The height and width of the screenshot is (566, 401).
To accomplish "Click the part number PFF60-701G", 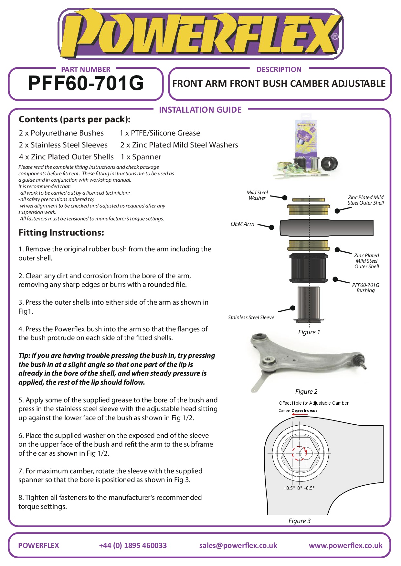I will pos(86,83).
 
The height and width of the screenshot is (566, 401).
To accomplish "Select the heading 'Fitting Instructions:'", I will pos(61,233).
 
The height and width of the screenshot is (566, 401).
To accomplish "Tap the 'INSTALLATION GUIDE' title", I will pos(200,110).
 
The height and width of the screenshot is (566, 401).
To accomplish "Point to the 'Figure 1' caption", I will pos(309,332).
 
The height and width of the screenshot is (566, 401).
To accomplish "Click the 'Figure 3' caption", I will pos(299,521).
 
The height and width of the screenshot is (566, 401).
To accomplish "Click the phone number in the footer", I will pos(133,545).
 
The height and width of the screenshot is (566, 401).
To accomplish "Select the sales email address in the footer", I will pos(238,545).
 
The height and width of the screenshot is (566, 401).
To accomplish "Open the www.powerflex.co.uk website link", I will pos(345,545).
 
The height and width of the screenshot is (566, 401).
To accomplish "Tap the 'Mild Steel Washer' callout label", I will pos(257,195).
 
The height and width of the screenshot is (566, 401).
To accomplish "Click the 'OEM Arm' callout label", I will pos(242,224).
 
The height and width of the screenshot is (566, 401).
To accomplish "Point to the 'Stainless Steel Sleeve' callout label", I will pos(251,318).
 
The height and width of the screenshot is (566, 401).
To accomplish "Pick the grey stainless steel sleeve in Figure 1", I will pos(309,303).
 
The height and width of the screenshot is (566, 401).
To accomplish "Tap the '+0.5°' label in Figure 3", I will pos(289,488).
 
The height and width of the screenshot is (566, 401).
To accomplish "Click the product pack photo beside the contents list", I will pos(305,147).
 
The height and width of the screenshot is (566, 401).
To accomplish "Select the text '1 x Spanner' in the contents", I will pos(141,157).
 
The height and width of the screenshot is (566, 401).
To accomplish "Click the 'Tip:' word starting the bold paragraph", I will pos(24,356).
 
